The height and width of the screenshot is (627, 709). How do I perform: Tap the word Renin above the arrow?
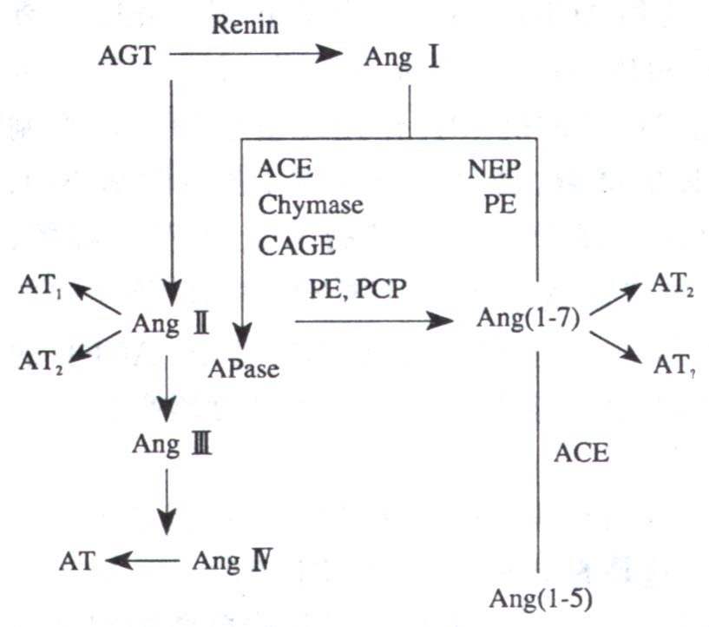(x=246, y=24)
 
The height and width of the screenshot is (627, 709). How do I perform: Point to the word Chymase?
(x=310, y=206)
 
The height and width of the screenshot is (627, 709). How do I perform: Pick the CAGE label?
(x=296, y=246)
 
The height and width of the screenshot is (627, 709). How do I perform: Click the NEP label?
(x=493, y=168)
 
